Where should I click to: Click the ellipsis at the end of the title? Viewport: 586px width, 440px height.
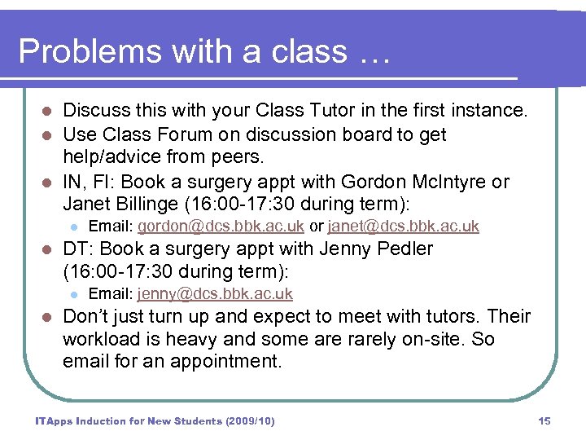(x=374, y=53)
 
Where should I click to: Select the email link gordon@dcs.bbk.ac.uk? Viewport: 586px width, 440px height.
(x=221, y=226)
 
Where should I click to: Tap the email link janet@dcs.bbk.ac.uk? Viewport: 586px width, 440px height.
(x=403, y=226)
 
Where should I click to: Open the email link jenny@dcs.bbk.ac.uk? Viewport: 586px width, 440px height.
(x=215, y=294)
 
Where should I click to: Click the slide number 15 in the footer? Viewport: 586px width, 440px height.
(x=544, y=421)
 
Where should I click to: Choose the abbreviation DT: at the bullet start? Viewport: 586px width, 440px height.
(x=80, y=249)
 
